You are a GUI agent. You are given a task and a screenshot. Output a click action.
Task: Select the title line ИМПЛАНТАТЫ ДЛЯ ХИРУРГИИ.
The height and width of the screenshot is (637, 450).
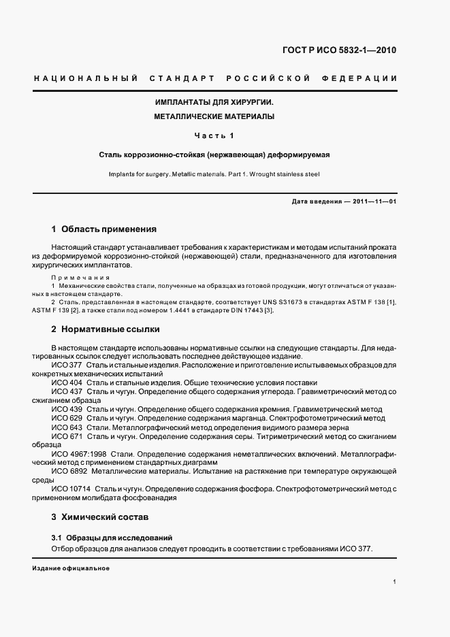[214, 102]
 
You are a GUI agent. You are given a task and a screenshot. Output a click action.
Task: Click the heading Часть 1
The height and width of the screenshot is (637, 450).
[214, 135]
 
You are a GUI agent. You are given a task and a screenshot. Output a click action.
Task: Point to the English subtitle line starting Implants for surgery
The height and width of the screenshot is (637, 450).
[214, 174]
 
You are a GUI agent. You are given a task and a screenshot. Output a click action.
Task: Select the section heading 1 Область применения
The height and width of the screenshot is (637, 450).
[104, 229]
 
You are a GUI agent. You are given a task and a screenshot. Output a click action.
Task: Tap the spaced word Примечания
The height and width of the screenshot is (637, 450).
[80, 278]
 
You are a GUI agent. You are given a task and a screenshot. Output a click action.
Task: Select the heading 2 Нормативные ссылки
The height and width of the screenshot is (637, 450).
[106, 329]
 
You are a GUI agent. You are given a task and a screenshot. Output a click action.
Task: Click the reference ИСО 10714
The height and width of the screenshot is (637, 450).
[70, 489]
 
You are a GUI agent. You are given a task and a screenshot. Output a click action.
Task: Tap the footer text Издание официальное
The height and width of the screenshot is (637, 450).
[71, 568]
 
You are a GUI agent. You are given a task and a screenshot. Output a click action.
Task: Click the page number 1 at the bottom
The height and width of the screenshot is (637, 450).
[395, 582]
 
